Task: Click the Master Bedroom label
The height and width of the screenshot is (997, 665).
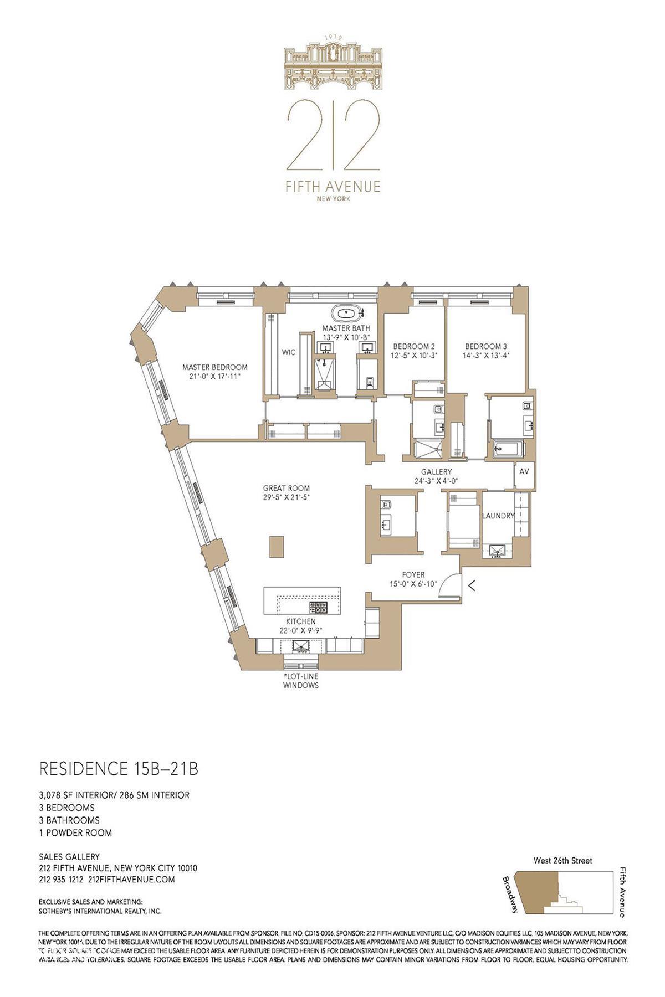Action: (215, 367)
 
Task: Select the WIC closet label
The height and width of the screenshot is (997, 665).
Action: (289, 352)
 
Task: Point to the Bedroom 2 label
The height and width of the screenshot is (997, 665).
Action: (413, 347)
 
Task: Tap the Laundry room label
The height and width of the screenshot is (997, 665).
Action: (498, 516)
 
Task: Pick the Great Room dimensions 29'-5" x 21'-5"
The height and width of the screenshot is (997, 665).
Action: (286, 497)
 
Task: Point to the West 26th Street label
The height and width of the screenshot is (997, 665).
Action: (563, 861)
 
